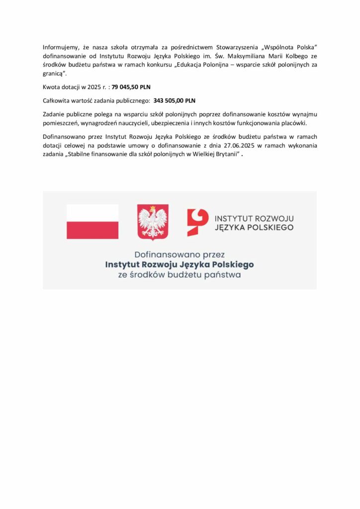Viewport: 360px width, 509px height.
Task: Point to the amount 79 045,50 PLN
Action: pyautogui.click(x=131, y=87)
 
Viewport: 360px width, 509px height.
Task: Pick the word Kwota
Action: pyautogui.click(x=52, y=87)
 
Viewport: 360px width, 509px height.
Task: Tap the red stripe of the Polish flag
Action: pyautogui.click(x=92, y=230)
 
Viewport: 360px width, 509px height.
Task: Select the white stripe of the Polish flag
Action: pyautogui.click(x=92, y=213)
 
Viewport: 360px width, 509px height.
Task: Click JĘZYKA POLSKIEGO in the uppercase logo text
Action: pyautogui.click(x=254, y=228)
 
